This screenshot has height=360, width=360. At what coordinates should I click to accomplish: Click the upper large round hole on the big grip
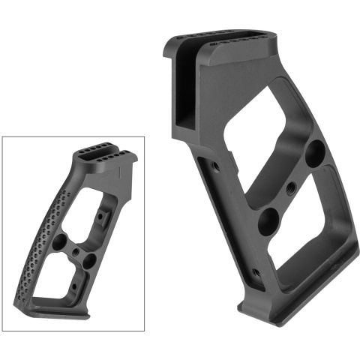(x=314, y=151)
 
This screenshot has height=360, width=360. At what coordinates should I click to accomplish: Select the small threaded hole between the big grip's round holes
(x=289, y=187)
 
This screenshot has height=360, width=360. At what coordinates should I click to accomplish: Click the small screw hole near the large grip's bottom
(x=256, y=272)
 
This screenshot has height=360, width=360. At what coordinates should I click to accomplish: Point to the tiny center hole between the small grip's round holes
(x=78, y=250)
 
